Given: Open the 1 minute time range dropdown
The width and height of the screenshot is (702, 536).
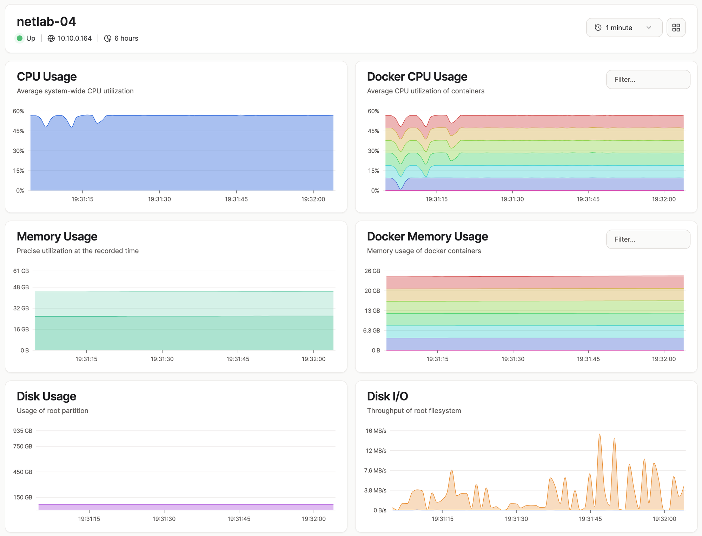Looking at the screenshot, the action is click(624, 28).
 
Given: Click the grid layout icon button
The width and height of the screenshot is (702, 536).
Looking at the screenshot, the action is click(676, 28).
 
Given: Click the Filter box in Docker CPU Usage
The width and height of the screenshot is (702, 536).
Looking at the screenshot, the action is click(648, 79).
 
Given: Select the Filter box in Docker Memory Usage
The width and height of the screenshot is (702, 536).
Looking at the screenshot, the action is click(648, 239).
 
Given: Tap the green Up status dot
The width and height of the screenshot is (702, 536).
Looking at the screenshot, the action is click(20, 38).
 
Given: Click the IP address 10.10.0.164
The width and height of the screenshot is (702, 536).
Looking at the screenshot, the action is click(75, 38).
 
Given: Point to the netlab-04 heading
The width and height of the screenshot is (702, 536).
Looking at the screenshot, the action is click(46, 22).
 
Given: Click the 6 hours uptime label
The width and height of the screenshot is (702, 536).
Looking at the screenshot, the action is click(126, 38).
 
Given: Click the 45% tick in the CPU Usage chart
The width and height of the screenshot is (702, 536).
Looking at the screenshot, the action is click(19, 131).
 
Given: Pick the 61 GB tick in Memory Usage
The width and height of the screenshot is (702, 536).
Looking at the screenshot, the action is click(21, 271).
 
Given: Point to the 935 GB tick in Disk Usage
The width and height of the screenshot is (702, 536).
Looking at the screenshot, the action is click(23, 431).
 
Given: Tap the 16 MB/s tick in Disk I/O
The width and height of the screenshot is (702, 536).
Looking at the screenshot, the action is click(376, 431).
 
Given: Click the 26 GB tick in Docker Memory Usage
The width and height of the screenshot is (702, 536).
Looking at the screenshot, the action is click(372, 271).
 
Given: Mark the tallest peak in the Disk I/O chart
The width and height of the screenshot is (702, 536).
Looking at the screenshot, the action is click(600, 434).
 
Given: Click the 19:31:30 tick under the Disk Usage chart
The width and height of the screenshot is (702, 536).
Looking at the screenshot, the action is click(164, 519).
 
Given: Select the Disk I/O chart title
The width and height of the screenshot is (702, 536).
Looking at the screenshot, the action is click(388, 396).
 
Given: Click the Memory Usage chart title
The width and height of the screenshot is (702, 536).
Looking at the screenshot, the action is click(57, 237).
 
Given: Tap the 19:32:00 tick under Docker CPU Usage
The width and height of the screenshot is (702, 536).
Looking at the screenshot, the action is click(664, 199).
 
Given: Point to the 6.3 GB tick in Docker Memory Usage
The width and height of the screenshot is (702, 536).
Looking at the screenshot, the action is click(372, 331).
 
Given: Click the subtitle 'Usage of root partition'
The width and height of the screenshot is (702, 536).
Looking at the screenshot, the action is click(53, 411).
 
